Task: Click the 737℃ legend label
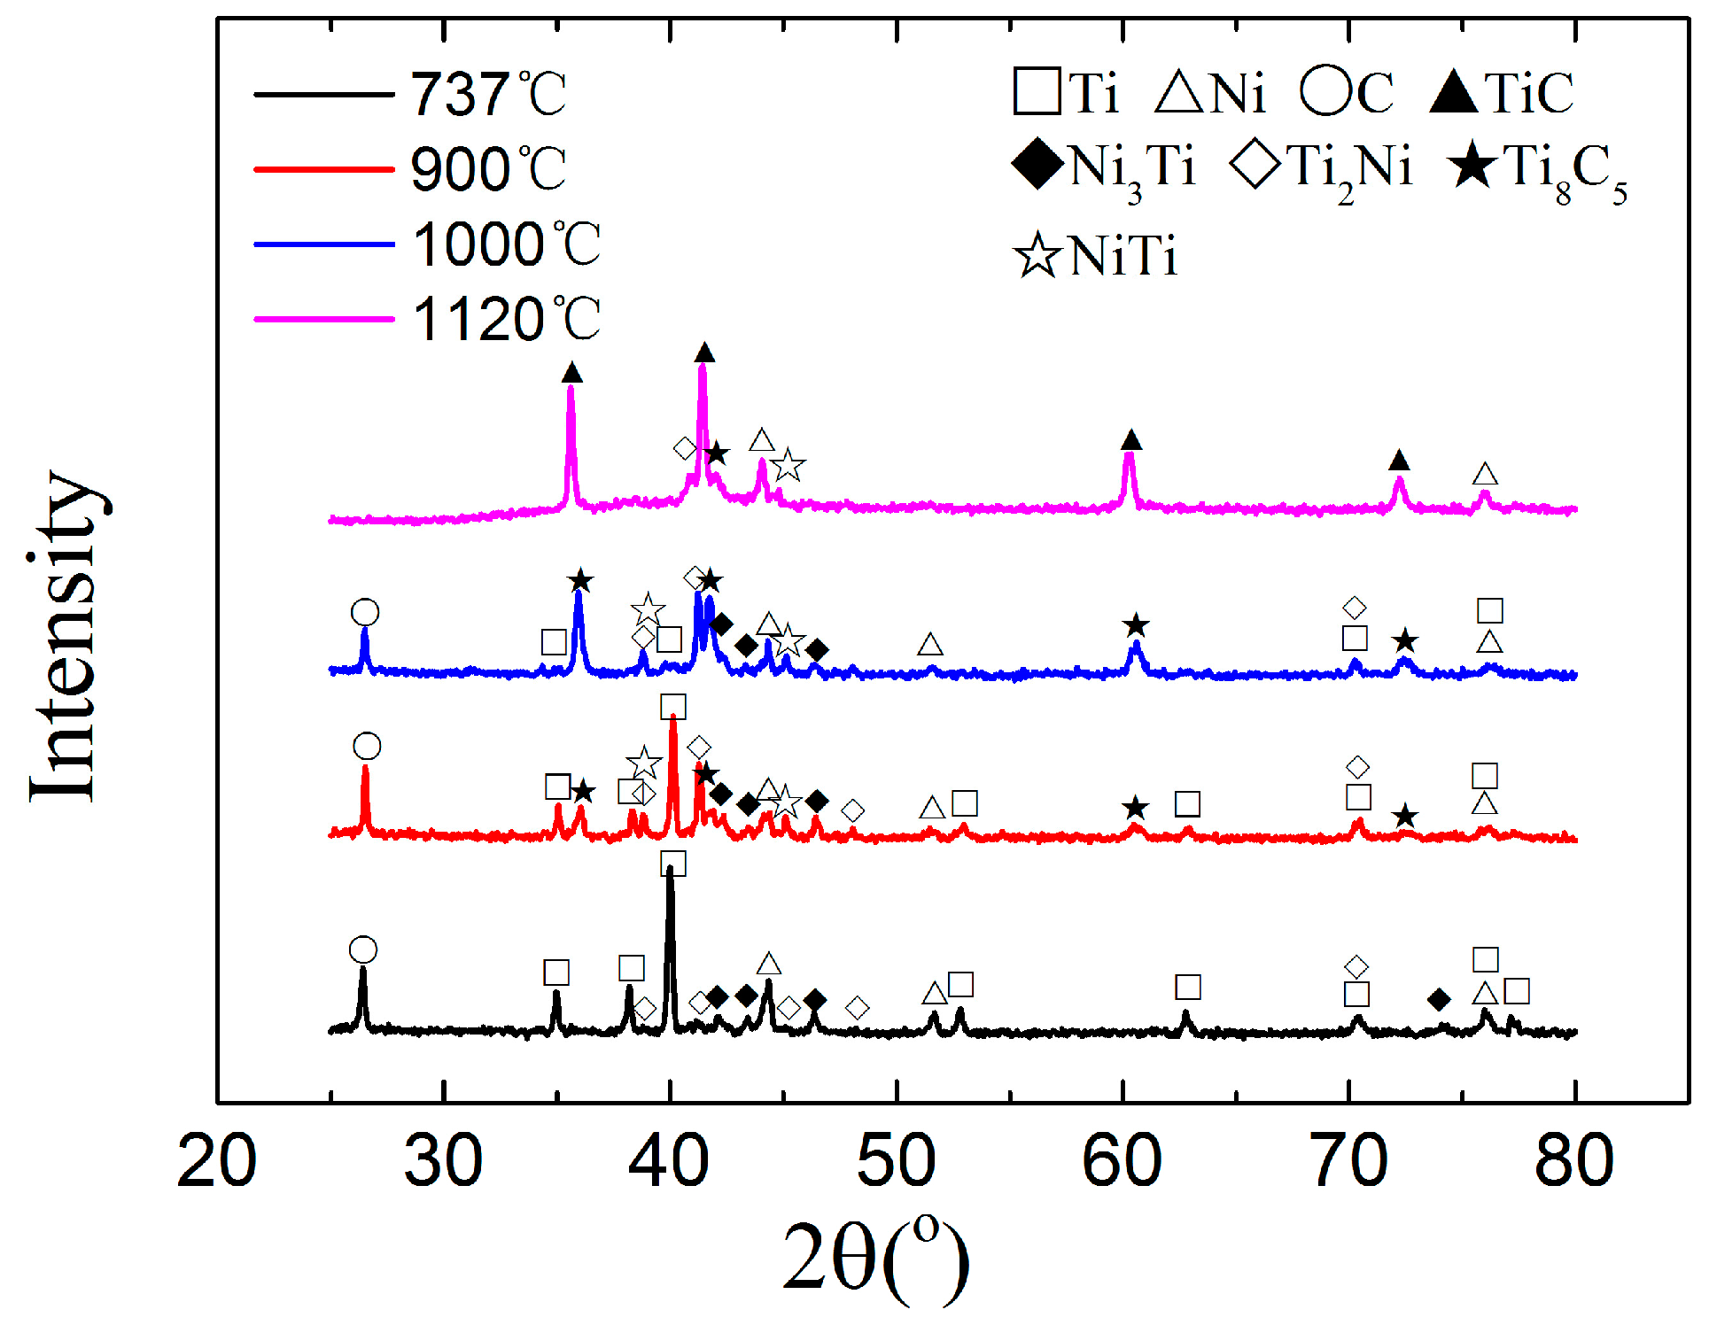[487, 95]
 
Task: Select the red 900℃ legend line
[323, 169]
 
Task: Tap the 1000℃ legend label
[507, 244]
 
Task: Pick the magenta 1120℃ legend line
[323, 319]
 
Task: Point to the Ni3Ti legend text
[1133, 168]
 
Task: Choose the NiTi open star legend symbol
[1037, 256]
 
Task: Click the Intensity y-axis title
[64, 636]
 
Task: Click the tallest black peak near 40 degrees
[670, 872]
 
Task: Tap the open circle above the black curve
[363, 949]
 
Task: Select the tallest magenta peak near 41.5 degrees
[703, 368]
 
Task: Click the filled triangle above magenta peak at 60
[1131, 440]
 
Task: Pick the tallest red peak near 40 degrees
[673, 722]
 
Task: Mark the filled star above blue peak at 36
[580, 581]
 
